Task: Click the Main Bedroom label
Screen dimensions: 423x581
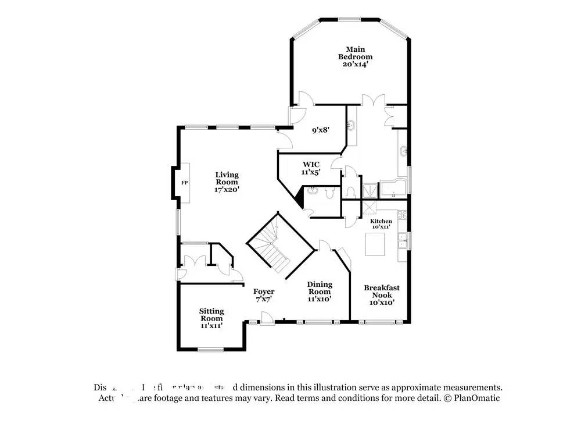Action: (x=355, y=53)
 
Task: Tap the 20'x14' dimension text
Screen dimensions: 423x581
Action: (x=355, y=65)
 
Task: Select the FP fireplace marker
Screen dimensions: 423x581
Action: (x=185, y=183)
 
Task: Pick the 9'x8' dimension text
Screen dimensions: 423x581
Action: (x=320, y=130)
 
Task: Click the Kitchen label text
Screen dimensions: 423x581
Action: (x=381, y=221)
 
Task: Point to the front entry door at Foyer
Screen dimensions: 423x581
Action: (x=266, y=318)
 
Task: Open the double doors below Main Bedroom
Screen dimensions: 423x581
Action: (x=372, y=99)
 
